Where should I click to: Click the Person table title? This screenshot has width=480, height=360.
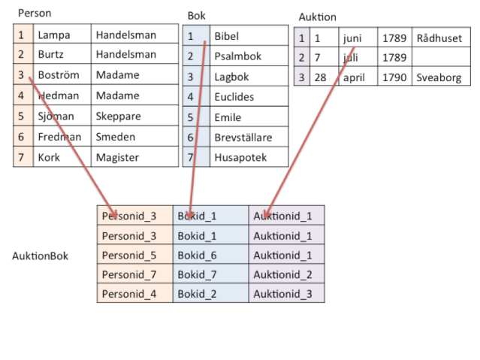(35, 14)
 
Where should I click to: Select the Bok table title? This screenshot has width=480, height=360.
(196, 16)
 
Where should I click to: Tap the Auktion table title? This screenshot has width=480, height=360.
(317, 17)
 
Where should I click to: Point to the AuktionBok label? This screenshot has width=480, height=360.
(40, 256)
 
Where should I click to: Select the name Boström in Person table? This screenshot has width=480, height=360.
(59, 75)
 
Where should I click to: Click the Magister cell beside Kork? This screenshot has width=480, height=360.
(117, 157)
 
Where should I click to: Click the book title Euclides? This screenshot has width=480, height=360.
(234, 97)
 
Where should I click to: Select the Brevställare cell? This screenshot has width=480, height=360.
(243, 138)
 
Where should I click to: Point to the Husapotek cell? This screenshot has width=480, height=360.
(240, 158)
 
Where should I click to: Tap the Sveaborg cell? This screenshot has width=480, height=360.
(439, 77)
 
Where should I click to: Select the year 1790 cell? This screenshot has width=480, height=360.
(394, 77)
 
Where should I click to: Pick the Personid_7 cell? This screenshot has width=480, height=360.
(129, 274)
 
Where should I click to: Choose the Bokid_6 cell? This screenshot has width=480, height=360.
(197, 256)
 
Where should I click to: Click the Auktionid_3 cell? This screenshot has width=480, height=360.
(282, 294)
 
